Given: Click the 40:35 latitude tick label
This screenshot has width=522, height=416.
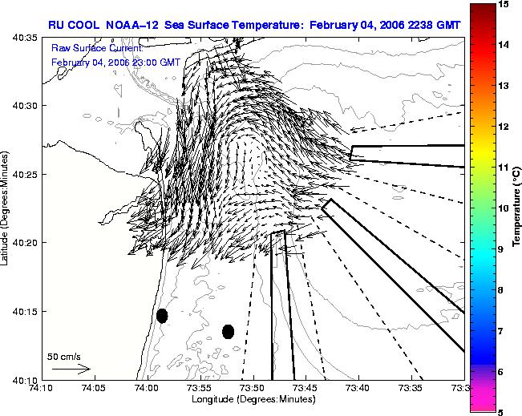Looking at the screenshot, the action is click(x=25, y=38).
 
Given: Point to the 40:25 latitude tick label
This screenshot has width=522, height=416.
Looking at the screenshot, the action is click(x=25, y=174).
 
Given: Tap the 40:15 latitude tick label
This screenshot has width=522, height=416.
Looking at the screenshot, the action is click(x=25, y=311).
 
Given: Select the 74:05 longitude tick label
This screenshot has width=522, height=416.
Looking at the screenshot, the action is click(x=95, y=388).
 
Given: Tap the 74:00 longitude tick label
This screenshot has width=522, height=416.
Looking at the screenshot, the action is click(x=148, y=388).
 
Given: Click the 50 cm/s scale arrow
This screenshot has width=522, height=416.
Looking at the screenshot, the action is click(x=71, y=369).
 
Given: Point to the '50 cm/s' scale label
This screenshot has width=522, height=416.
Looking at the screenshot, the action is click(x=64, y=357).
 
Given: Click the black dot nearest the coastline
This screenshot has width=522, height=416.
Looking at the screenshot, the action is click(x=162, y=316).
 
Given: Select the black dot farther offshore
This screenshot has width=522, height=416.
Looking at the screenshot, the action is click(x=228, y=332).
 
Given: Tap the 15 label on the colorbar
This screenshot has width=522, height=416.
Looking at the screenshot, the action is click(x=504, y=4).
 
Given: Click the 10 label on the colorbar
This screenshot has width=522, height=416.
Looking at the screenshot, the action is click(x=504, y=208).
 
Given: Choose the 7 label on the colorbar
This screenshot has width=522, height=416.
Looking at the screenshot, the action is click(x=500, y=331).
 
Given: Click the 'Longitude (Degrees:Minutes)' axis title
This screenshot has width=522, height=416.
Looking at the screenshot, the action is click(x=253, y=399).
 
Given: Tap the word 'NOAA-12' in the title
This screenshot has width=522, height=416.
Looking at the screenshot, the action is click(x=132, y=25).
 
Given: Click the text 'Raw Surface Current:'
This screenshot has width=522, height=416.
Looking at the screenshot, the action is click(x=97, y=48).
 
